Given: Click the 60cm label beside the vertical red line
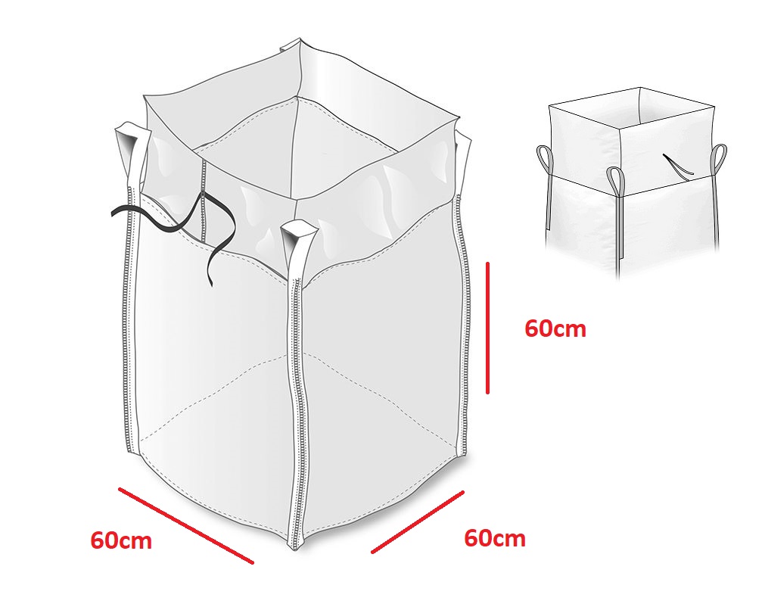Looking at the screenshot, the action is pos(555,329).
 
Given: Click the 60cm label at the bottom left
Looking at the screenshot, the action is pos(121,540).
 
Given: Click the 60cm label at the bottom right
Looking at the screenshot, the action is pos(495,538).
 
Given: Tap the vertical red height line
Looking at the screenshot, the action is pos(487,328).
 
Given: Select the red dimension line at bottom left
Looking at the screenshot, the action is pos(186,525).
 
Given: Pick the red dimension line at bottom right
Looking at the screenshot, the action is pos(418,522).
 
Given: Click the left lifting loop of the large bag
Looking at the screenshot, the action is pos(132,156).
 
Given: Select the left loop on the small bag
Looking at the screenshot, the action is pos(546,160).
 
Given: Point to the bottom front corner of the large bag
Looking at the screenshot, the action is pos(296,548).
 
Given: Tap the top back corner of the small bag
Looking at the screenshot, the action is pos(639,88).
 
